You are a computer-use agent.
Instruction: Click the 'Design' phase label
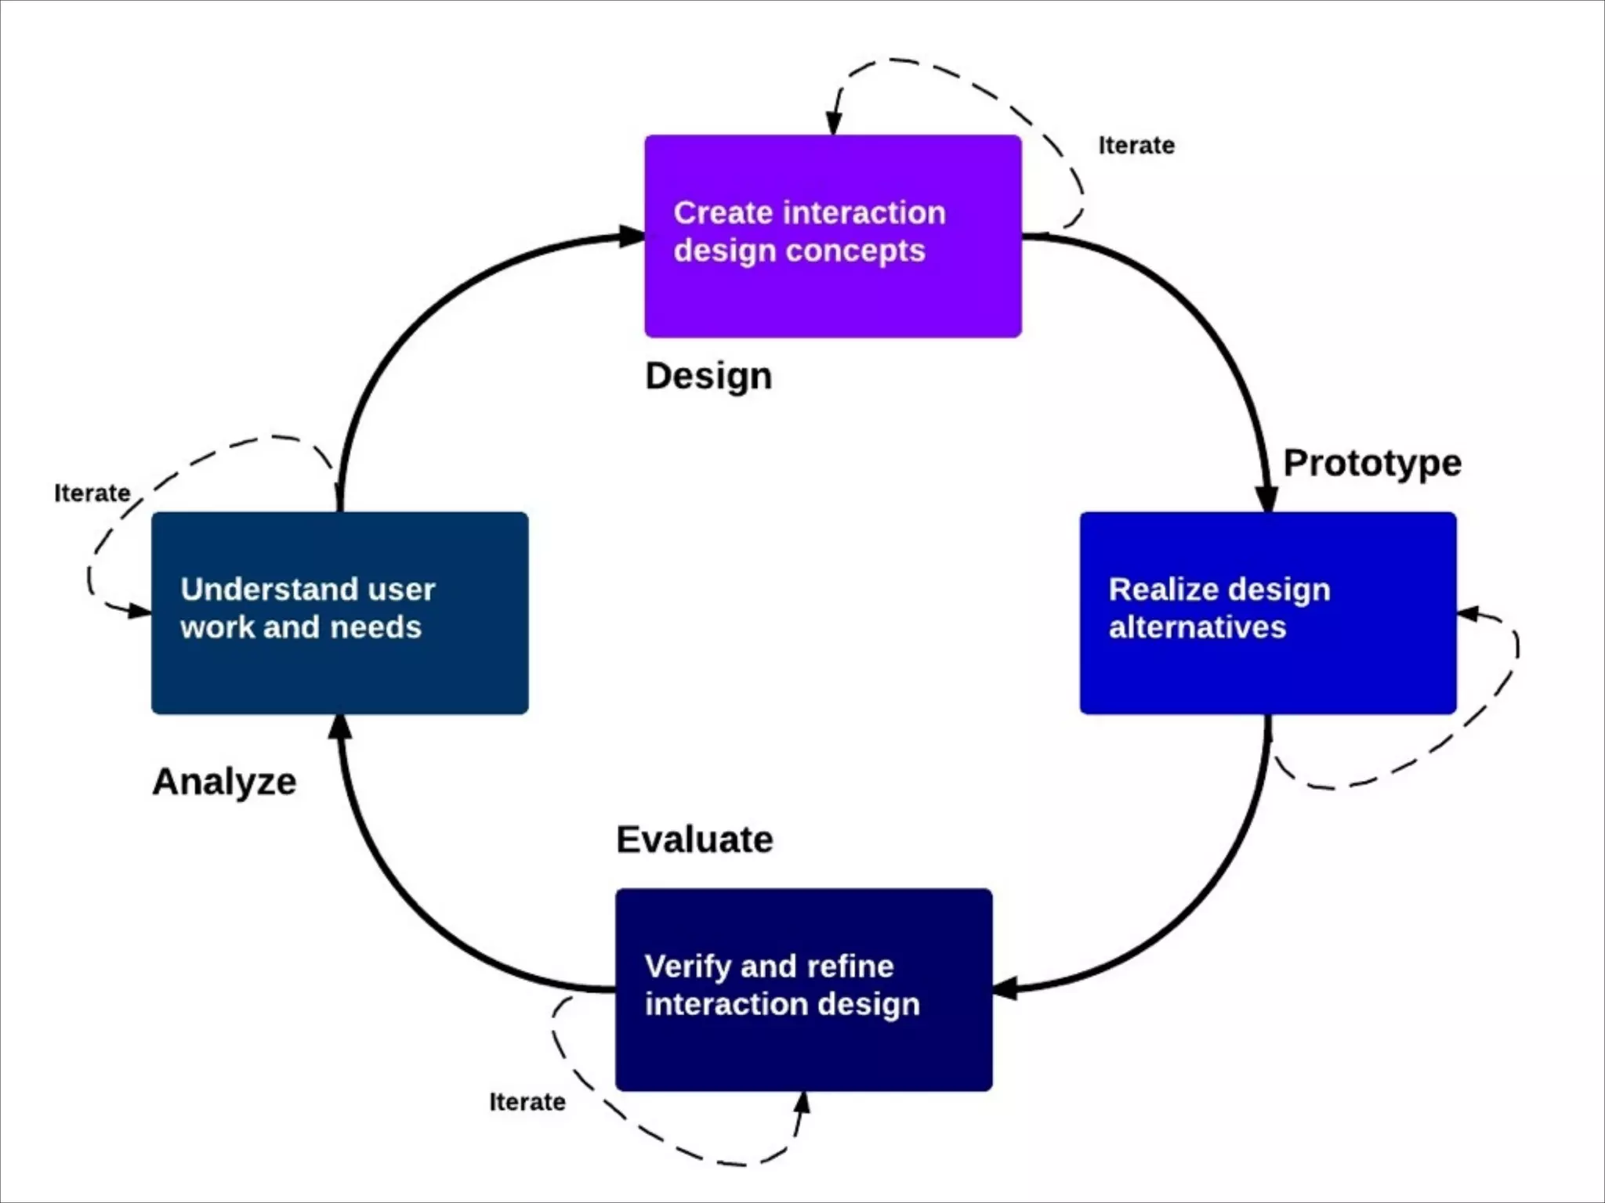(708, 376)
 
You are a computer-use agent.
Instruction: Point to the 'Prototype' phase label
(1372, 463)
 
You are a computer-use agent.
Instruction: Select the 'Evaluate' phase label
(694, 840)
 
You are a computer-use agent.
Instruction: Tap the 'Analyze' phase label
(225, 782)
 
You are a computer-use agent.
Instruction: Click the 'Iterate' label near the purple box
(1136, 146)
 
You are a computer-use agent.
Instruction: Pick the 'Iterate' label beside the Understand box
(92, 493)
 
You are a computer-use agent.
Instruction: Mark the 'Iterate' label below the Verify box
(527, 1102)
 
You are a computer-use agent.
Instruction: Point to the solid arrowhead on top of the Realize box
(1266, 499)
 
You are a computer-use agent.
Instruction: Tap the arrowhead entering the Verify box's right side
(1005, 988)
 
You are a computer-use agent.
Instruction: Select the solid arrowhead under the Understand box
(339, 727)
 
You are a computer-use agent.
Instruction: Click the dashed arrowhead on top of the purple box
(834, 124)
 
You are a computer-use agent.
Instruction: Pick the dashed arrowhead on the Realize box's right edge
(1469, 614)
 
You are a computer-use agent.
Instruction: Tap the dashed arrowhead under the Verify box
(802, 1103)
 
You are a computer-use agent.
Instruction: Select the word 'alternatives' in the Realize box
(1197, 627)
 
